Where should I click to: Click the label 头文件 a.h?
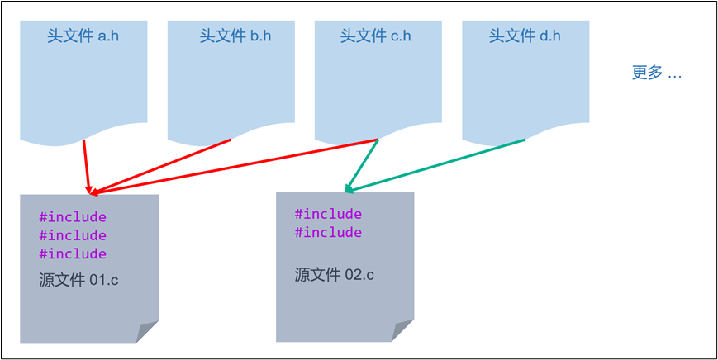(83, 36)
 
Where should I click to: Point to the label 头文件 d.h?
(525, 36)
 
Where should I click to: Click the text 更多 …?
(657, 73)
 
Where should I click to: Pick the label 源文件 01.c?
(79, 279)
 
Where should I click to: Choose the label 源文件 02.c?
(334, 274)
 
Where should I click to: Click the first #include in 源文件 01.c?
(73, 217)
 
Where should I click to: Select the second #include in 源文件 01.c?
(73, 235)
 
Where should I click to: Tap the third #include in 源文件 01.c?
(73, 253)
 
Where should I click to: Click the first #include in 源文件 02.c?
(328, 214)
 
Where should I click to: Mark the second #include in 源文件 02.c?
(328, 232)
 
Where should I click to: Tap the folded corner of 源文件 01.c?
(147, 332)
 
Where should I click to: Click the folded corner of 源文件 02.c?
(402, 330)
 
